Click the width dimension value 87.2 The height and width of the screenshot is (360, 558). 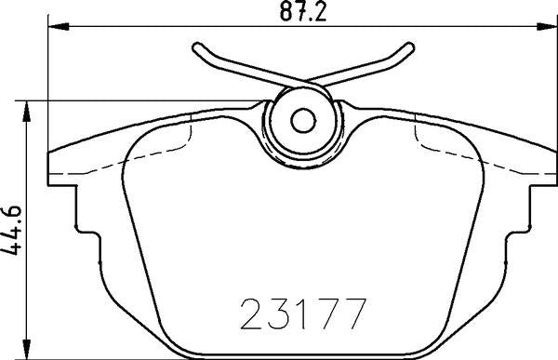302,11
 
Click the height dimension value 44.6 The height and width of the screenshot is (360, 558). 11,230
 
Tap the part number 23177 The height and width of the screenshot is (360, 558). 303,314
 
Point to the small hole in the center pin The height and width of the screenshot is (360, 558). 303,121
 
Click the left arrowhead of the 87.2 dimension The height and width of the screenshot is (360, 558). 59,26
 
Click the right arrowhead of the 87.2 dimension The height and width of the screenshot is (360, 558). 547,26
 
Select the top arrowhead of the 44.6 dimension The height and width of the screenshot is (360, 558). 26,112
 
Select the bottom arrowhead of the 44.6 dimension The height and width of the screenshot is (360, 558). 26,349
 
